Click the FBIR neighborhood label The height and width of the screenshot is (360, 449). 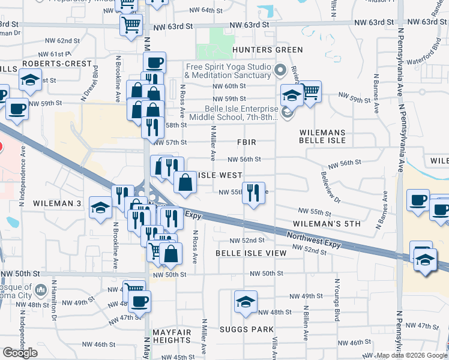point(247,143)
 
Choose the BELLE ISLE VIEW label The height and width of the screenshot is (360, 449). point(251,253)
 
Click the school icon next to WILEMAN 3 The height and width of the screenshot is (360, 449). point(100,208)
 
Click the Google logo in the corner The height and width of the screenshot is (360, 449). point(20,352)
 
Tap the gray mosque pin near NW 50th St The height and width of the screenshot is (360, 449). point(41,291)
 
